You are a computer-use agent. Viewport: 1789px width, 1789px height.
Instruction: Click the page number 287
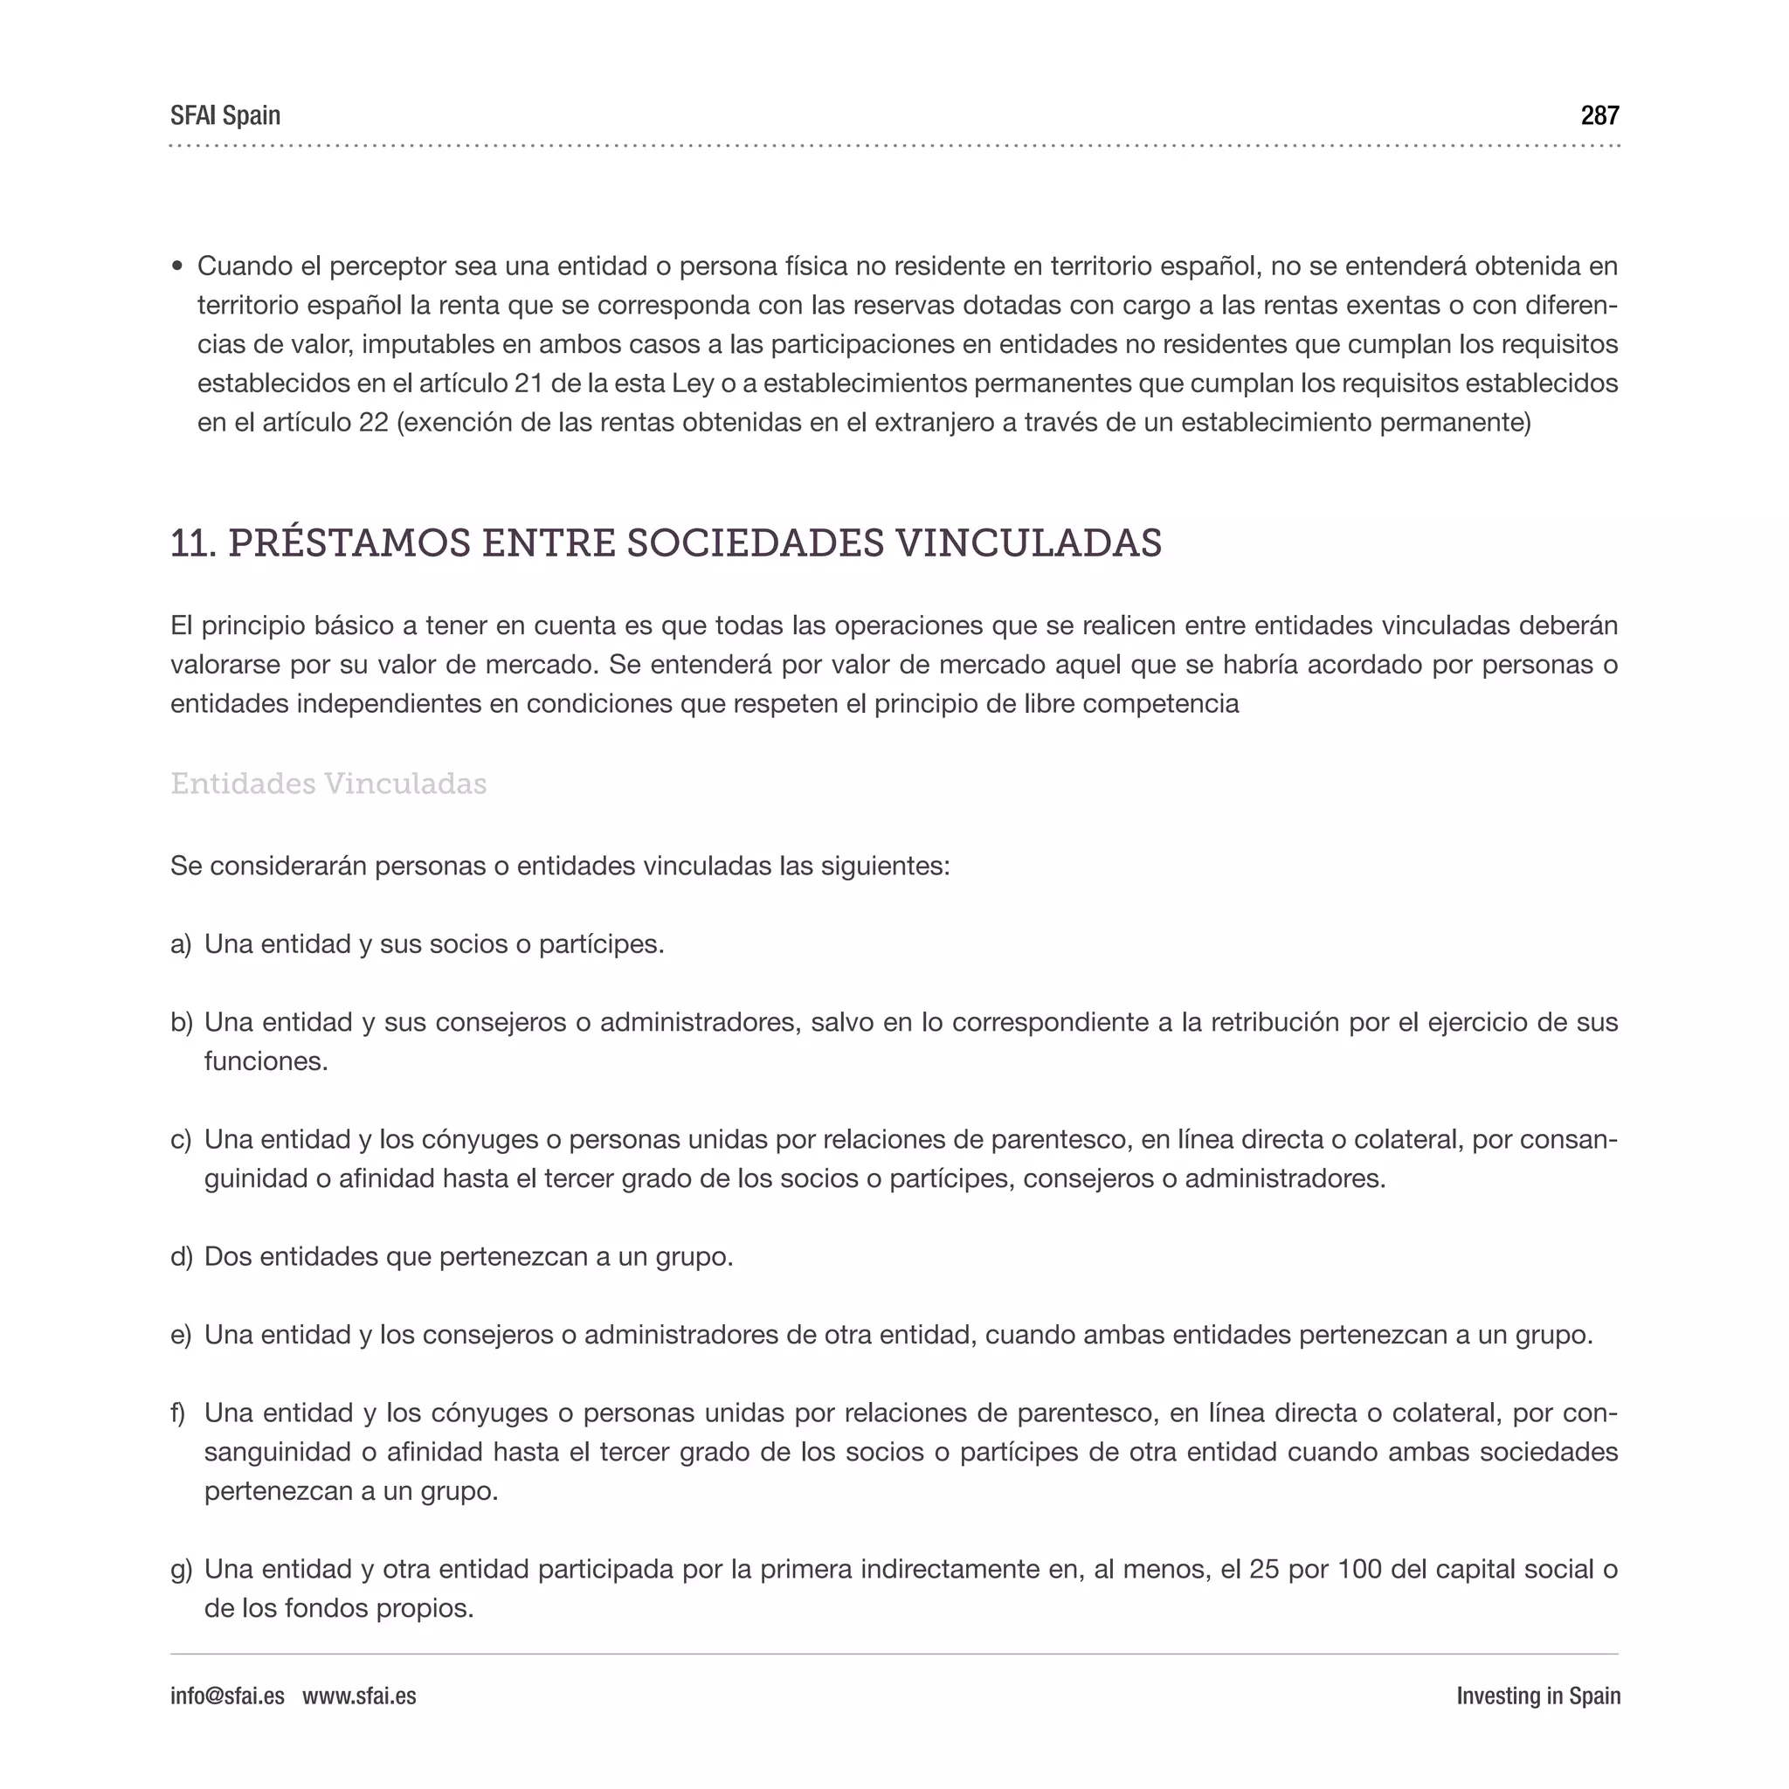[1599, 116]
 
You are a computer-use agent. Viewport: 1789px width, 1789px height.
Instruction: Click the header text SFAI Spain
[225, 116]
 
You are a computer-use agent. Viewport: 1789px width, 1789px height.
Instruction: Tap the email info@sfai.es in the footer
[227, 1696]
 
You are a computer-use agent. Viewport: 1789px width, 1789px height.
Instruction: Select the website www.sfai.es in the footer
[359, 1696]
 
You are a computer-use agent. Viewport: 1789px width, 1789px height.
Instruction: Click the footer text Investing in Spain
[1537, 1696]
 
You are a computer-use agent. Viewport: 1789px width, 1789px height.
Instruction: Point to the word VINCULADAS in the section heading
[1028, 542]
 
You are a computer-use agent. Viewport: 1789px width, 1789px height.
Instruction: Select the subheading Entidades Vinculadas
[328, 784]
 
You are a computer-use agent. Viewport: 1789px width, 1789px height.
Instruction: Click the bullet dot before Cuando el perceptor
[178, 266]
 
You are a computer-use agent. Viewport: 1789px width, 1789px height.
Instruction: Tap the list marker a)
[181, 944]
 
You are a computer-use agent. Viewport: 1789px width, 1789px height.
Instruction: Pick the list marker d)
[182, 1256]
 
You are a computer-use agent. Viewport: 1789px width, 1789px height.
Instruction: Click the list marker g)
[182, 1570]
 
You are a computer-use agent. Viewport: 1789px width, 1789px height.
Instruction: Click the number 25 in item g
[1264, 1570]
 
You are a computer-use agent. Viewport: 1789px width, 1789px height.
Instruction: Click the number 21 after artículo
[528, 383]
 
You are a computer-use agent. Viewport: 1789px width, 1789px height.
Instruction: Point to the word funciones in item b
[265, 1061]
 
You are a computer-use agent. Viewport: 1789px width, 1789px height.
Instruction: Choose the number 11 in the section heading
[191, 543]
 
